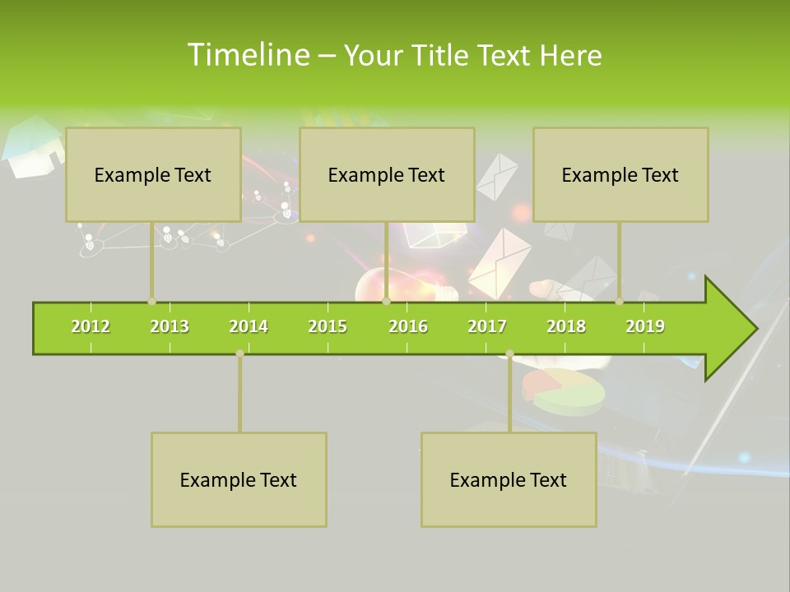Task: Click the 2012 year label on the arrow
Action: click(x=91, y=326)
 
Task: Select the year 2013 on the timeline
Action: click(x=170, y=326)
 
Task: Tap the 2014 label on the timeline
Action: click(x=249, y=326)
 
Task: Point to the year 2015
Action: click(x=328, y=326)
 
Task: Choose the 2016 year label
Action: click(x=408, y=326)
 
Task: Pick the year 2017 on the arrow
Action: click(x=487, y=326)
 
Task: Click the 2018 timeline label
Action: click(x=566, y=326)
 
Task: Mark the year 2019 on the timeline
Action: click(x=645, y=326)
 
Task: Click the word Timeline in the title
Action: click(x=247, y=55)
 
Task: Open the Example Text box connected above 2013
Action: click(x=153, y=174)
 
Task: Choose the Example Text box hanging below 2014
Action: click(x=239, y=479)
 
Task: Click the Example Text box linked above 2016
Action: click(x=387, y=174)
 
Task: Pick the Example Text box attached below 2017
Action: click(x=509, y=479)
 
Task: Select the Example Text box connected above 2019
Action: click(x=620, y=174)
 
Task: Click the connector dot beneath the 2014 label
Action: click(x=239, y=354)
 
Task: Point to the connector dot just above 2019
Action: click(x=620, y=301)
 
